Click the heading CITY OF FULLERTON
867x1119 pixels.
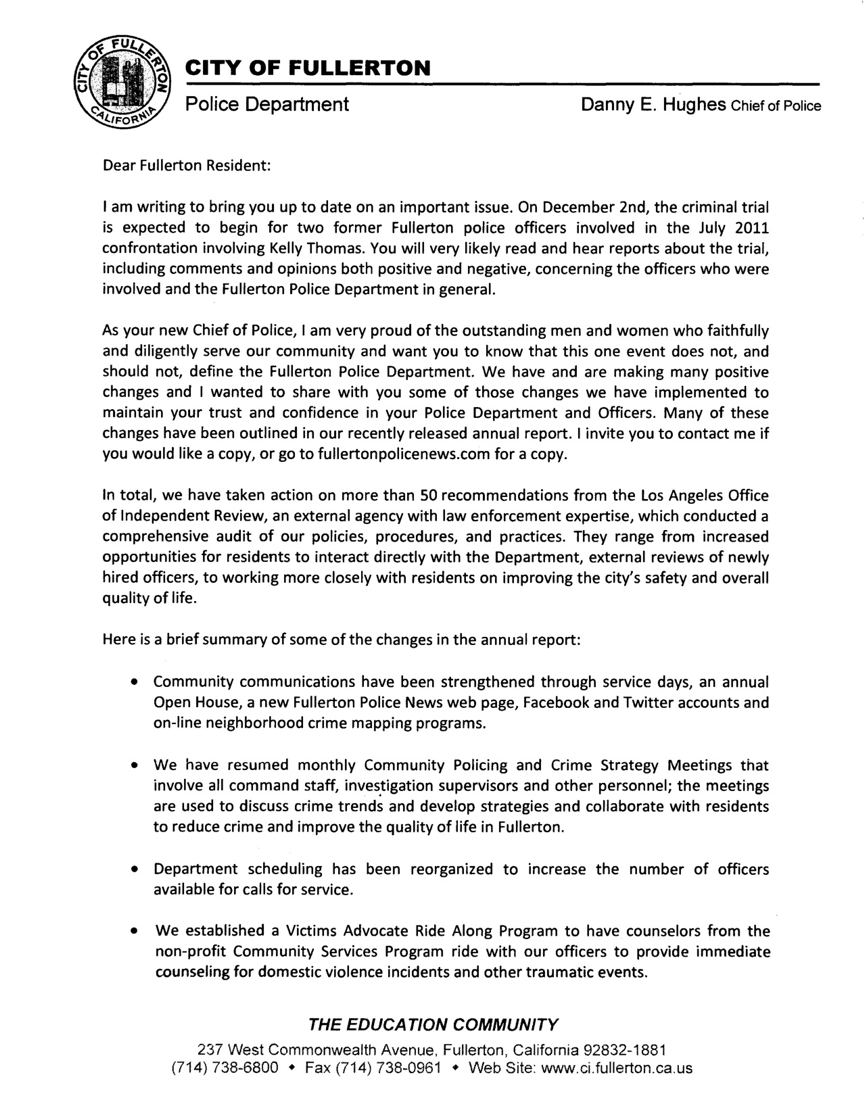(x=308, y=68)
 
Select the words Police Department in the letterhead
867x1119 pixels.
(x=267, y=105)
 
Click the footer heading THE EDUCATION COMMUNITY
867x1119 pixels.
(x=433, y=1024)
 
